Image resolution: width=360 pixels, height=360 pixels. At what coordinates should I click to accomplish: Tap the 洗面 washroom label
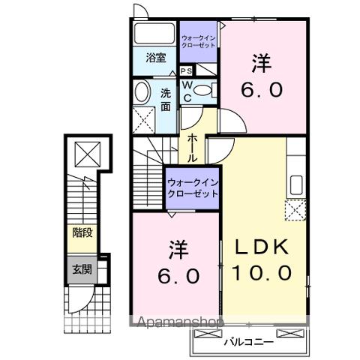[165, 99]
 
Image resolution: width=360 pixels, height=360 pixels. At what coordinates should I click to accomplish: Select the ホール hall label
[192, 145]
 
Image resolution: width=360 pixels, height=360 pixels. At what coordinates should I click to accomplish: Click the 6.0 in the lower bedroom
[178, 275]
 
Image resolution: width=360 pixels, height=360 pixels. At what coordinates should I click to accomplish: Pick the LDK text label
[265, 248]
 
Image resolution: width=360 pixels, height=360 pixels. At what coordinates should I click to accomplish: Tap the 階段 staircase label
[82, 233]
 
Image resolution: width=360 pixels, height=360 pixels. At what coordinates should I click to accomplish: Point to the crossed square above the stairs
[88, 155]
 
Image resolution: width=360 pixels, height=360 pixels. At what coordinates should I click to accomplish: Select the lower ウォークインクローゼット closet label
[192, 187]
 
